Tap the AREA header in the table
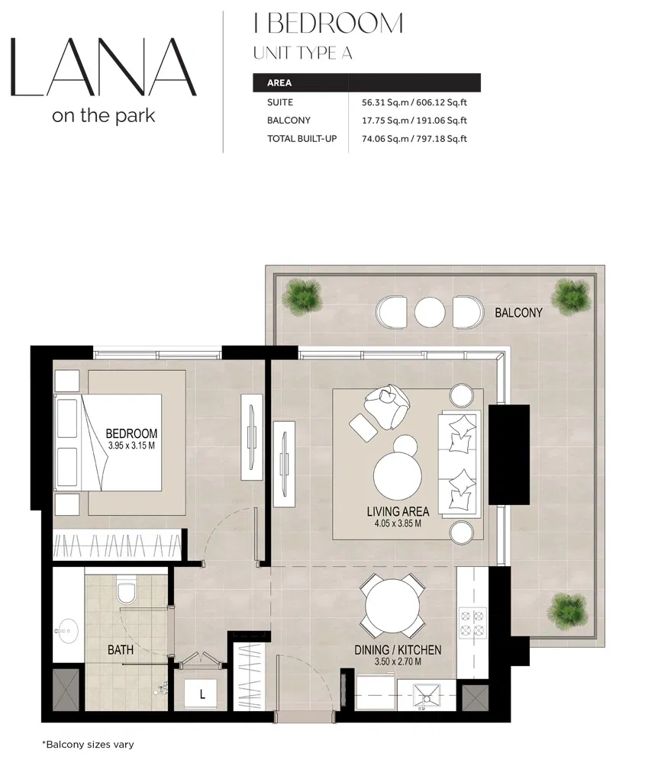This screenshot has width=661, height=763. pyautogui.click(x=280, y=82)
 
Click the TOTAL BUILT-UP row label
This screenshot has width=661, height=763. pyautogui.click(x=301, y=139)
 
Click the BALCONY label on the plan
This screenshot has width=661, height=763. pyautogui.click(x=518, y=313)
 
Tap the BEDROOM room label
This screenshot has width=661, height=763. pyautogui.click(x=131, y=433)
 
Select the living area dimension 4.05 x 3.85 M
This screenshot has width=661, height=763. pyautogui.click(x=398, y=524)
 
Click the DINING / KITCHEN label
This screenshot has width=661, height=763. pyautogui.click(x=398, y=650)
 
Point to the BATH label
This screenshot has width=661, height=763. pyautogui.click(x=120, y=651)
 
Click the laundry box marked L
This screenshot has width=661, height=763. pyautogui.click(x=202, y=695)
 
